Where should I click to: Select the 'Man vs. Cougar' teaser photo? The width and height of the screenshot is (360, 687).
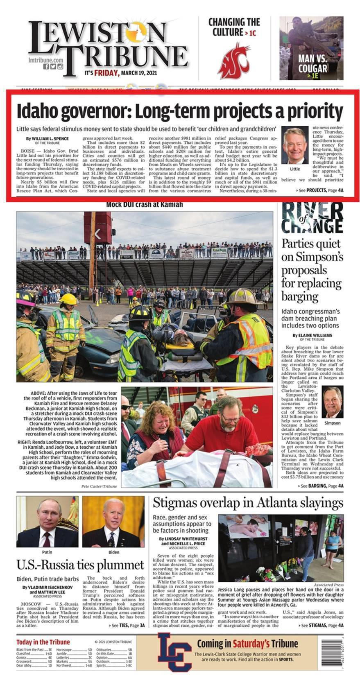click(x=311, y=48)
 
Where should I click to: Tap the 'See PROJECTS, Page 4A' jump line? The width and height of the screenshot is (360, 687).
click(x=319, y=190)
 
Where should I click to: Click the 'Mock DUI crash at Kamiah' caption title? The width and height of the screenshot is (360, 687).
click(x=144, y=204)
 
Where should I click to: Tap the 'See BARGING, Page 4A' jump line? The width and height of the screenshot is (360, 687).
click(x=321, y=486)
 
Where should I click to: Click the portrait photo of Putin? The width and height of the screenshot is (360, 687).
click(x=48, y=522)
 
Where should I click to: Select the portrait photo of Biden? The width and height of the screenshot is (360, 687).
click(x=113, y=522)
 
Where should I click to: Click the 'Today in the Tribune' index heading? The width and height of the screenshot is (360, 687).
click(x=43, y=642)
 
